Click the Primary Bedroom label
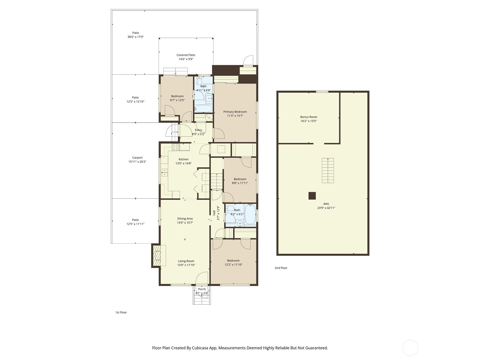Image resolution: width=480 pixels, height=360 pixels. pos(235,112)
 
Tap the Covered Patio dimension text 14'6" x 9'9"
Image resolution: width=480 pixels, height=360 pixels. pos(186,59)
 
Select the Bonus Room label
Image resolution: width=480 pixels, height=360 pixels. pos(308,117)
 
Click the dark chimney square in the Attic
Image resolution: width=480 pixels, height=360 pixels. pos(312,196)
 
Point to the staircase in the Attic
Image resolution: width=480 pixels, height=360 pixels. pos(328,170)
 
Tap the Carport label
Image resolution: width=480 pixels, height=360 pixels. pos(137,157)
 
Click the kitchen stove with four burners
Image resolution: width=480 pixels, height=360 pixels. pos(175,147)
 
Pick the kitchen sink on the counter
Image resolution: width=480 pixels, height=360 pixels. pos(164,172)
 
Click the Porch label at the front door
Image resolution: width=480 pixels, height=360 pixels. pos(202,289)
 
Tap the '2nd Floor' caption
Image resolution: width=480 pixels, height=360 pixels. pos(281,268)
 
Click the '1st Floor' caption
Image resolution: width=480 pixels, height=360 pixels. pos(121,312)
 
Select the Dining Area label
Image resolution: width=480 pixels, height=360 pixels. pos(185,219)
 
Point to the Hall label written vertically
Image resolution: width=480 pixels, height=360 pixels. pos(214,213)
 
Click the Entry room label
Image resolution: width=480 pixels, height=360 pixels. pos(198,130)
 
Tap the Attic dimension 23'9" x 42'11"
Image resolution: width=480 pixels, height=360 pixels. pos(326,208)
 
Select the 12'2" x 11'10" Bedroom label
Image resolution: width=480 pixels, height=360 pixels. pos(233,261)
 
